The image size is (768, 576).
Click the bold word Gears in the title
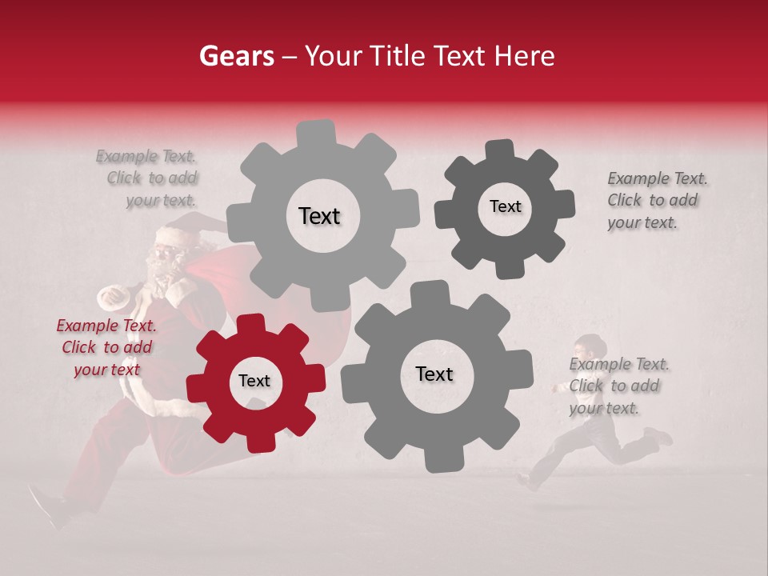(x=236, y=56)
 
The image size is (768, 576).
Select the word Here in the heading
(x=525, y=56)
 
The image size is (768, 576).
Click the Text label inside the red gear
(x=254, y=382)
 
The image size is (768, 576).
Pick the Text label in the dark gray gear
(x=505, y=206)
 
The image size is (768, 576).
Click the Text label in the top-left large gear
(x=319, y=216)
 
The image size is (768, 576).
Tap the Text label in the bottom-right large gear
(x=434, y=374)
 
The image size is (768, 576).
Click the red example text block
(x=106, y=347)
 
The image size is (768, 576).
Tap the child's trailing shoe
(x=659, y=436)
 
